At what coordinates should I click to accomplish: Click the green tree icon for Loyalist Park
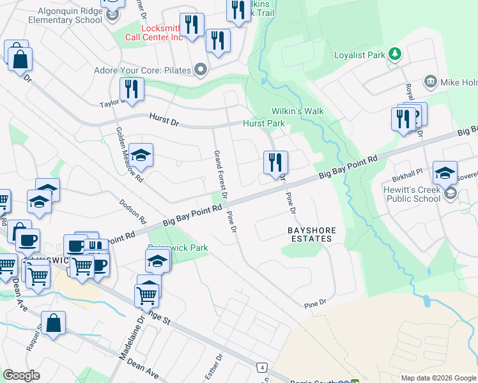(x=394, y=54)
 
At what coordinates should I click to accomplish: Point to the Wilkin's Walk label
(x=297, y=111)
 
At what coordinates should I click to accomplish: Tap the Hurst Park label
(x=263, y=123)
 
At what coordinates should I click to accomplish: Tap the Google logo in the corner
(x=21, y=375)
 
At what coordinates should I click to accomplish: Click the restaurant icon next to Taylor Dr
(x=132, y=89)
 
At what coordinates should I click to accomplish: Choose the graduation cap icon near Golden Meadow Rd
(x=141, y=155)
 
